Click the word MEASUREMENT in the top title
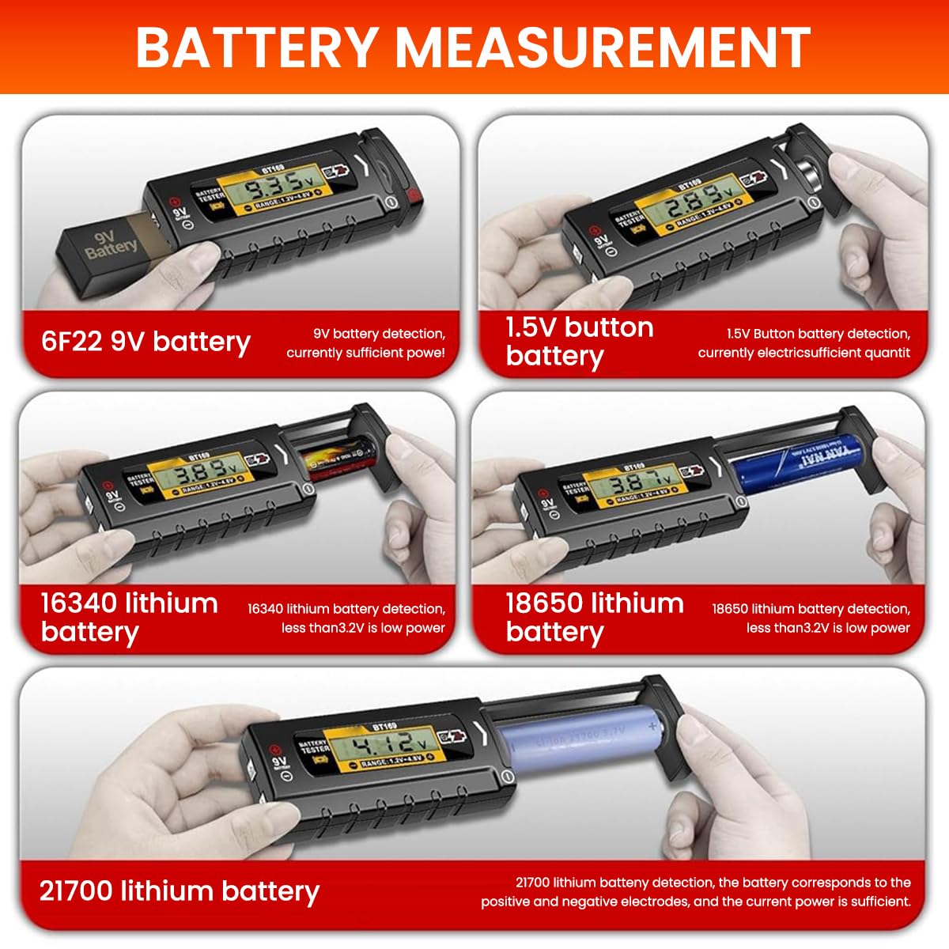click(x=603, y=47)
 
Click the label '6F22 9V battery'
click(x=146, y=342)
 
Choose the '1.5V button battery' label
click(x=579, y=342)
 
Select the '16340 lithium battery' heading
click(x=129, y=617)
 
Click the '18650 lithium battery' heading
click(x=594, y=617)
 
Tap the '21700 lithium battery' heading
click(x=180, y=891)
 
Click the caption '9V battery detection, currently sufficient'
click(x=365, y=343)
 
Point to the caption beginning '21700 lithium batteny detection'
click(x=696, y=892)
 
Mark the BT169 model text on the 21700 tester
click(x=384, y=724)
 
